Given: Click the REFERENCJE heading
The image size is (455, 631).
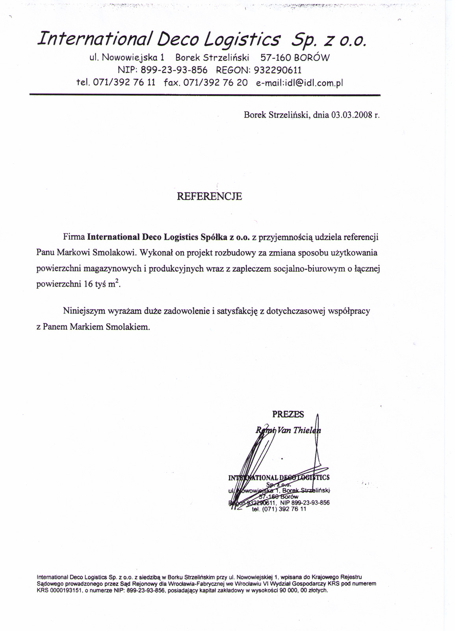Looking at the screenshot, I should tap(210, 196).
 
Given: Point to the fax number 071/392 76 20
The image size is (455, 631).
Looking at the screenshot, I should tap(215, 83).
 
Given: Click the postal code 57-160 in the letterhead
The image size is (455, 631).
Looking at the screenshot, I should tap(275, 58).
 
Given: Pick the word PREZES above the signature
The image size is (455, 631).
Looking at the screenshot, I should tap(288, 414).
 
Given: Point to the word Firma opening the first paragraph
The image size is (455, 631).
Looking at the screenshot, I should tap(74, 237).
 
